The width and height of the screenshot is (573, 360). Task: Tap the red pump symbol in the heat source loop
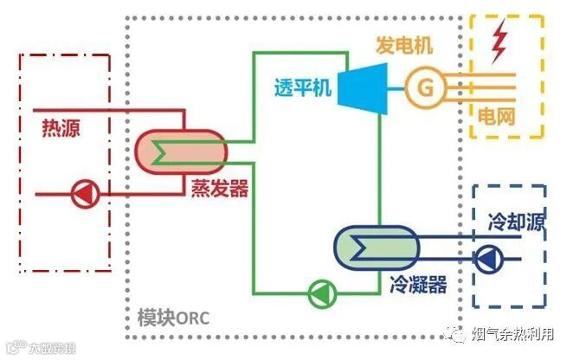pyautogui.click(x=84, y=193)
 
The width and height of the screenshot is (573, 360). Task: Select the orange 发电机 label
pyautogui.click(x=403, y=44)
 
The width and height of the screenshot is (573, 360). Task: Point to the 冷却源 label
pyautogui.click(x=512, y=220)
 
